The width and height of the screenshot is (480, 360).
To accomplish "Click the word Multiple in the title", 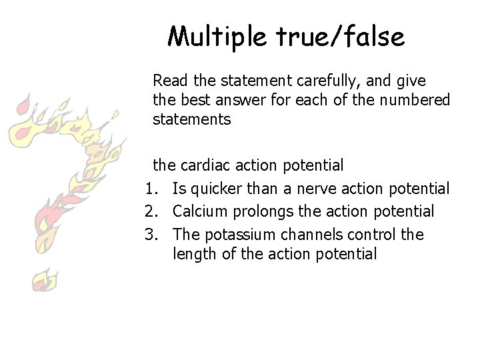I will point(215,37).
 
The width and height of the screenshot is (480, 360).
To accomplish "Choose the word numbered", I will point(415,100).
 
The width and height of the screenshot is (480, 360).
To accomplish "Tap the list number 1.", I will point(149,189).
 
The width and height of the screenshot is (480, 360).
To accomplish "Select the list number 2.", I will point(149,212).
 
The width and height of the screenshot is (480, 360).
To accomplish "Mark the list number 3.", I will point(149,235).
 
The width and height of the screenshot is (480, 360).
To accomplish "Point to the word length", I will point(192,253).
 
